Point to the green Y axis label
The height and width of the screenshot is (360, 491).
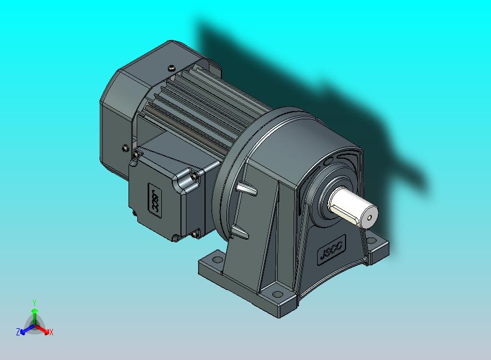point(34,302)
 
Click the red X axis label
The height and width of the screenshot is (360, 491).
point(51,332)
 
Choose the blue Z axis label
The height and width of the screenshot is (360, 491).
point(18,332)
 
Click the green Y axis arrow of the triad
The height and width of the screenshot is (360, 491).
point(34,314)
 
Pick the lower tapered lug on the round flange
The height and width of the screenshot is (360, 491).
point(241,233)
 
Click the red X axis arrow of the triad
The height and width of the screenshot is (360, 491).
point(44,329)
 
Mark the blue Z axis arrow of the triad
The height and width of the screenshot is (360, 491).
point(25,329)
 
